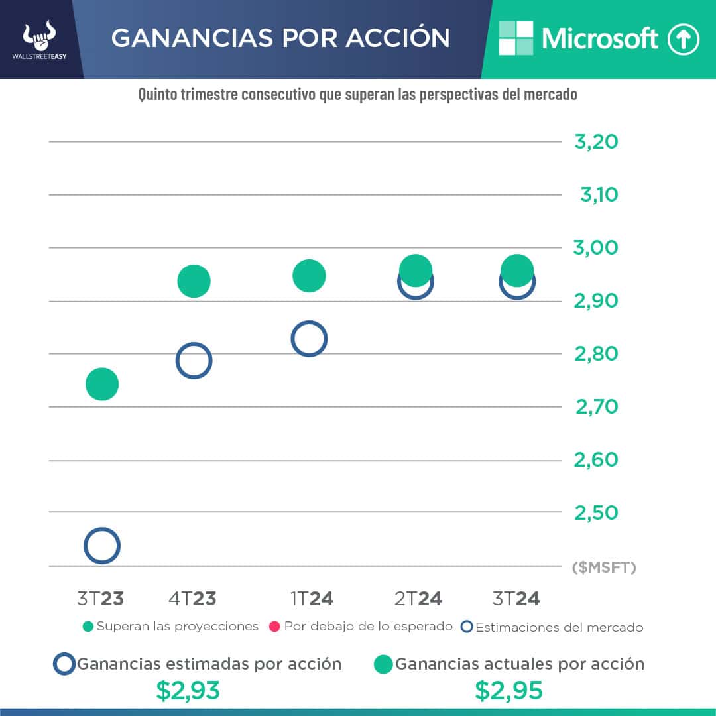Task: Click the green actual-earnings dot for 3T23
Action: tap(102, 385)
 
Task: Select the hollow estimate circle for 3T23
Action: tap(102, 546)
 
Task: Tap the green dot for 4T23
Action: tap(194, 281)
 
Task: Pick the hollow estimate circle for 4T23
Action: tap(194, 361)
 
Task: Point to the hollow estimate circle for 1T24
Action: tap(309, 339)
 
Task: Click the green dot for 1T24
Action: tap(309, 276)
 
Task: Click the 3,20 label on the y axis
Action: tap(596, 142)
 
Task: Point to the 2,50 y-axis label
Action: tap(596, 512)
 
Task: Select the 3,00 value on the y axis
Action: tap(596, 248)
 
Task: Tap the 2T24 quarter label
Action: tap(418, 599)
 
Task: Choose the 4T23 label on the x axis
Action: tap(192, 599)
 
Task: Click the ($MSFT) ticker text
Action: tap(604, 567)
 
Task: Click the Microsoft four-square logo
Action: tap(516, 38)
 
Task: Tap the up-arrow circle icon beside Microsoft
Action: tap(684, 40)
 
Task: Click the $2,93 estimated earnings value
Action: tap(188, 691)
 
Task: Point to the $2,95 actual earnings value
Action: tap(509, 691)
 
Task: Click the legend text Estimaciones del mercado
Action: tap(559, 627)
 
